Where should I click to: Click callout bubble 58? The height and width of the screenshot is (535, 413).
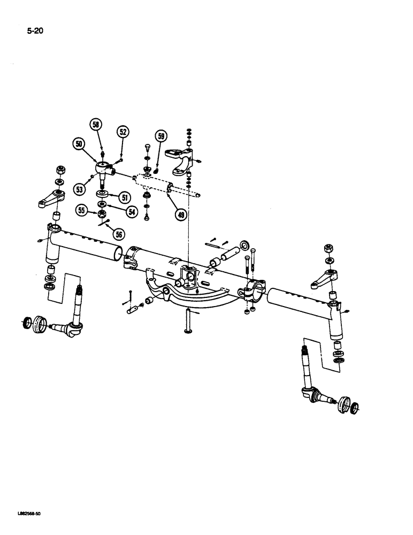pyautogui.click(x=96, y=125)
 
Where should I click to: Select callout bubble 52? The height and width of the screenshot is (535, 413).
pyautogui.click(x=123, y=132)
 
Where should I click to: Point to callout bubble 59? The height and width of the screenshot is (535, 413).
pyautogui.click(x=161, y=136)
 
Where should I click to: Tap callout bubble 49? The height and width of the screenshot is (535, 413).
pyautogui.click(x=182, y=215)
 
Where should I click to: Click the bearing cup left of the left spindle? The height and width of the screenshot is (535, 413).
pyautogui.click(x=39, y=324)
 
